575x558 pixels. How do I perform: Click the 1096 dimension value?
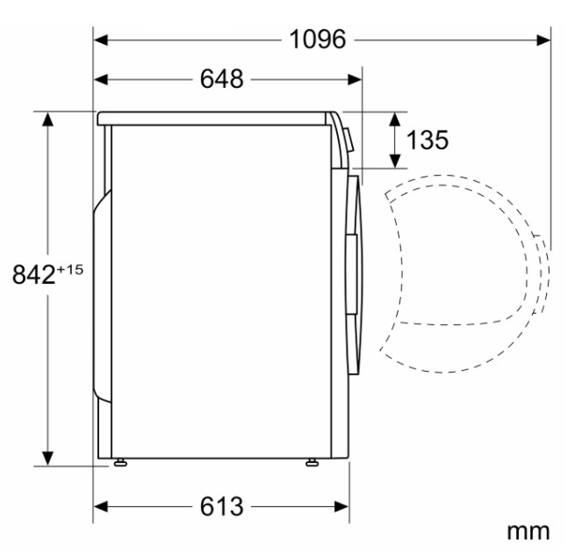point(318,40)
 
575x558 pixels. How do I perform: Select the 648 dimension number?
point(221,79)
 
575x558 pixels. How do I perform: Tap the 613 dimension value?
point(221,507)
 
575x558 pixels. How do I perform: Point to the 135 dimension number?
point(428,140)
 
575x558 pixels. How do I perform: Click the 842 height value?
point(33,274)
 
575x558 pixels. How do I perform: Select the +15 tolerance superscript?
point(70,270)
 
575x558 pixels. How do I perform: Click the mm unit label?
point(528,532)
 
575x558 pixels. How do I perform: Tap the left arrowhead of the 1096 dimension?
point(101,40)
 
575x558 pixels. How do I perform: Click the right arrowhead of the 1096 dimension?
point(543,40)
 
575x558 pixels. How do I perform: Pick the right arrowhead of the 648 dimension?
point(355,79)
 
